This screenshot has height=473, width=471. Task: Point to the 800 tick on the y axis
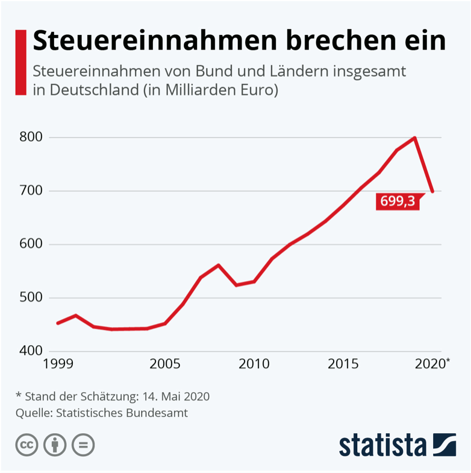(30, 138)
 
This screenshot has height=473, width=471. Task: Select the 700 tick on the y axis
(30, 191)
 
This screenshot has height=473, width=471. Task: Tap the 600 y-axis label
(30, 244)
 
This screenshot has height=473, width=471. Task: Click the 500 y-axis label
(30, 298)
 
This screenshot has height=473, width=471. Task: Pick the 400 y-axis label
(30, 351)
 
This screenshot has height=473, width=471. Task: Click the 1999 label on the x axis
(58, 364)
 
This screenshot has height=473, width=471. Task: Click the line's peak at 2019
(415, 138)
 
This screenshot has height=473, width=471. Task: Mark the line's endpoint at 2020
(432, 191)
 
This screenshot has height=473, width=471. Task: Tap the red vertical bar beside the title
(21, 62)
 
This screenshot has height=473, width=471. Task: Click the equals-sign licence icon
(83, 445)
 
